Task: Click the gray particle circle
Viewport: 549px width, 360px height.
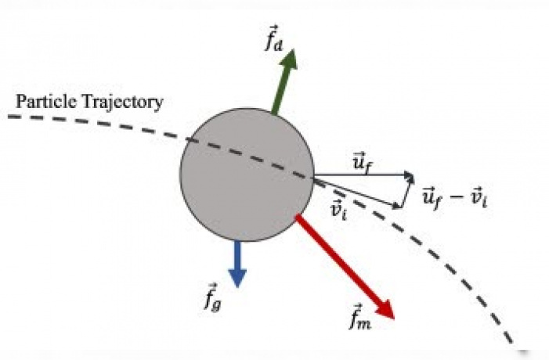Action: [247, 175]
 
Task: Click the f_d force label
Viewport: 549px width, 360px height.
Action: [274, 38]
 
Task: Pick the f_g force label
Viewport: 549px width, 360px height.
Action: [213, 297]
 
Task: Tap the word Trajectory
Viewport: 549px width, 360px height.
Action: [122, 103]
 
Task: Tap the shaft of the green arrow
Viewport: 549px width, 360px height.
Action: [280, 92]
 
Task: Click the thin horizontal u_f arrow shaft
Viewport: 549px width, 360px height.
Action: [363, 175]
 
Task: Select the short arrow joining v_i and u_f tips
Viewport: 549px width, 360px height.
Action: [406, 192]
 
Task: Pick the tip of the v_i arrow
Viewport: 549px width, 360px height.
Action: [400, 207]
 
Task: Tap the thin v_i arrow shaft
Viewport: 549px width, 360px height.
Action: [357, 192]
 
